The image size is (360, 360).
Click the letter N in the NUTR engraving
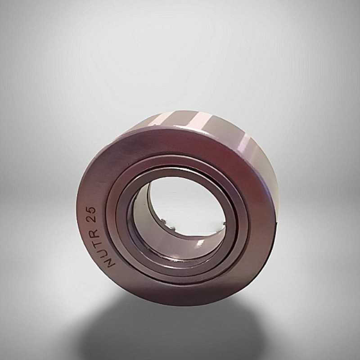tap(112, 262)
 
